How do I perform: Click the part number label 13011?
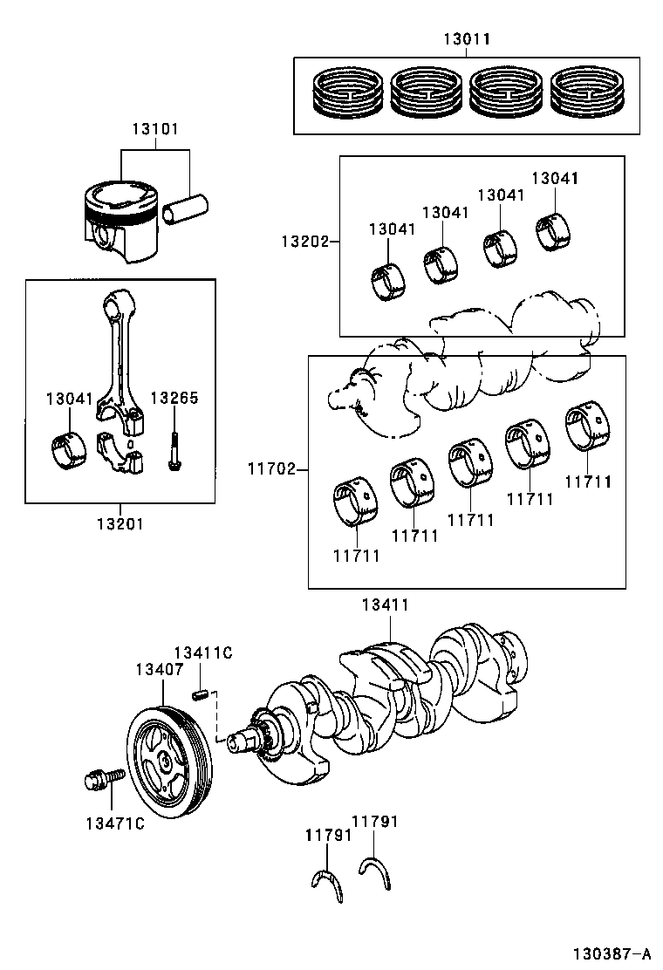pos(466,39)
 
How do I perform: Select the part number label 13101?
pos(155,129)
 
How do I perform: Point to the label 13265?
pos(174,398)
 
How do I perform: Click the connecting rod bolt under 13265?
pos(174,450)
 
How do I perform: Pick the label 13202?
pos(304,240)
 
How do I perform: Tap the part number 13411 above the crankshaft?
pos(386,605)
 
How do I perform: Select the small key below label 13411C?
pos(200,694)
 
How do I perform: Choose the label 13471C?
pos(114,823)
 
